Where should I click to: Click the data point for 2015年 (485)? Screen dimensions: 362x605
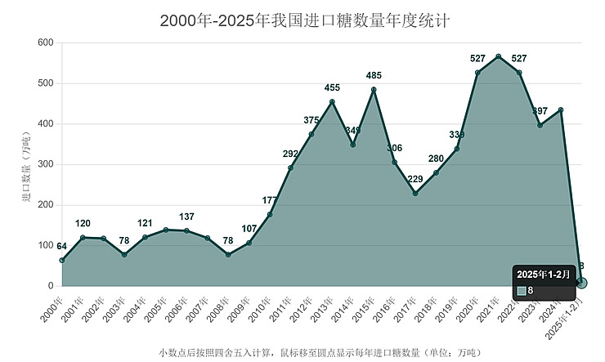tap(374, 90)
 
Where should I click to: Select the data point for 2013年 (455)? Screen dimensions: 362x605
tap(332, 102)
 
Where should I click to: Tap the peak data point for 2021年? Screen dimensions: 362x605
tap(499, 56)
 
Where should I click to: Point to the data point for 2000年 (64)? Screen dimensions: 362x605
tap(62, 261)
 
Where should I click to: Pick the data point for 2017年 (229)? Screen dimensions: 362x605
tap(415, 194)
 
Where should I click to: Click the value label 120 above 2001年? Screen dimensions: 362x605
tap(83, 224)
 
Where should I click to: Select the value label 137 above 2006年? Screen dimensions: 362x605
tap(186, 217)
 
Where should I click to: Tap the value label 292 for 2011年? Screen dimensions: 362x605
tap(290, 154)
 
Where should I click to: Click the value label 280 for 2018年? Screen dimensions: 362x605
tap(436, 159)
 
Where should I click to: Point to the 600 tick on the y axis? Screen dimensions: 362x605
tap(46, 42)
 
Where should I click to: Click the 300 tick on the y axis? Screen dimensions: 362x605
tap(46, 164)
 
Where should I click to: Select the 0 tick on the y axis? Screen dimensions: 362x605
tap(50, 286)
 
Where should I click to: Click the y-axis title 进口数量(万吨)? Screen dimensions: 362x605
tap(25, 164)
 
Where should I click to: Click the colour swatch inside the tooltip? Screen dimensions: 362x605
tap(522, 291)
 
